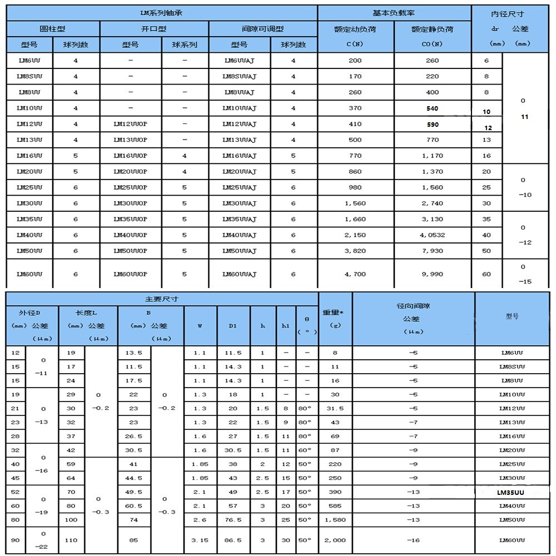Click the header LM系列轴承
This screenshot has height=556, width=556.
[x=162, y=13]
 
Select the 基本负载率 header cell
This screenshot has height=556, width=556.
[x=394, y=13]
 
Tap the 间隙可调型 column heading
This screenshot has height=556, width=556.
[x=262, y=29]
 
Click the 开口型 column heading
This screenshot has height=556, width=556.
[x=154, y=29]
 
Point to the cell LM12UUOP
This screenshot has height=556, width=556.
[x=130, y=124]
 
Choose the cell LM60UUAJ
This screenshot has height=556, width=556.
[x=240, y=274]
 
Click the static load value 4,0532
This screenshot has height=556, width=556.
[x=432, y=235]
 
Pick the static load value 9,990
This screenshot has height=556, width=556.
[x=432, y=274]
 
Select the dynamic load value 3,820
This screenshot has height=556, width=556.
[x=355, y=251]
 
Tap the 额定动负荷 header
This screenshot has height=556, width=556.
[x=355, y=29]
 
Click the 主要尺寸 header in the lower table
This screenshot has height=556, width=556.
[x=161, y=299]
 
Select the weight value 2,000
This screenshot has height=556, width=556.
[x=335, y=540]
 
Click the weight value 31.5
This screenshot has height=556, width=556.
[x=335, y=408]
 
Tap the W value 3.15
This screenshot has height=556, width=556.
[x=200, y=540]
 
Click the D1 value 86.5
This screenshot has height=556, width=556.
[x=233, y=540]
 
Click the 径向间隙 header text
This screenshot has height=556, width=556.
[x=413, y=306]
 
